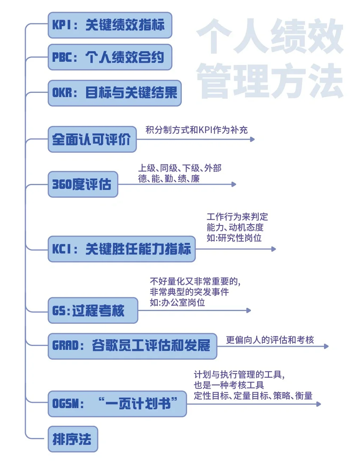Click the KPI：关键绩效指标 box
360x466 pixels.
coord(110,25)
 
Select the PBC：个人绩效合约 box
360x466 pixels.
coord(110,57)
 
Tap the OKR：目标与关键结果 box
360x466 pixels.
coord(114,93)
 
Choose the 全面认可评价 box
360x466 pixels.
coord(92,139)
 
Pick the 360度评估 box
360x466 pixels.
coord(83,184)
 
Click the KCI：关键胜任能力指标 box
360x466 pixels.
coord(121,249)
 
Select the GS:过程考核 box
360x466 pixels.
coord(92,311)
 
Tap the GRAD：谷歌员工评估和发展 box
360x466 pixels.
coord(132,346)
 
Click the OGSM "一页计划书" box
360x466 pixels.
coord(117,404)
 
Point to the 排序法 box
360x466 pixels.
coord(73,439)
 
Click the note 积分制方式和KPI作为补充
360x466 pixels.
coord(197,130)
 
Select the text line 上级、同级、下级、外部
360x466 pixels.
coord(180,168)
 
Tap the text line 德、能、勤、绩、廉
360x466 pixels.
coord(169,179)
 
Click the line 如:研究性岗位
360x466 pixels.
coord(234,238)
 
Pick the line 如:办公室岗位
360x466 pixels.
coord(177,303)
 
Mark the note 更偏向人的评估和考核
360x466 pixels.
coord(270,340)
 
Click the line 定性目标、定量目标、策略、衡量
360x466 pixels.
coord(253,396)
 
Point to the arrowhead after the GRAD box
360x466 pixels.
coord(326,346)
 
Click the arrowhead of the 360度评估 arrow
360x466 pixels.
coord(234,184)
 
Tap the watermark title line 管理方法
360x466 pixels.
coord(270,81)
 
